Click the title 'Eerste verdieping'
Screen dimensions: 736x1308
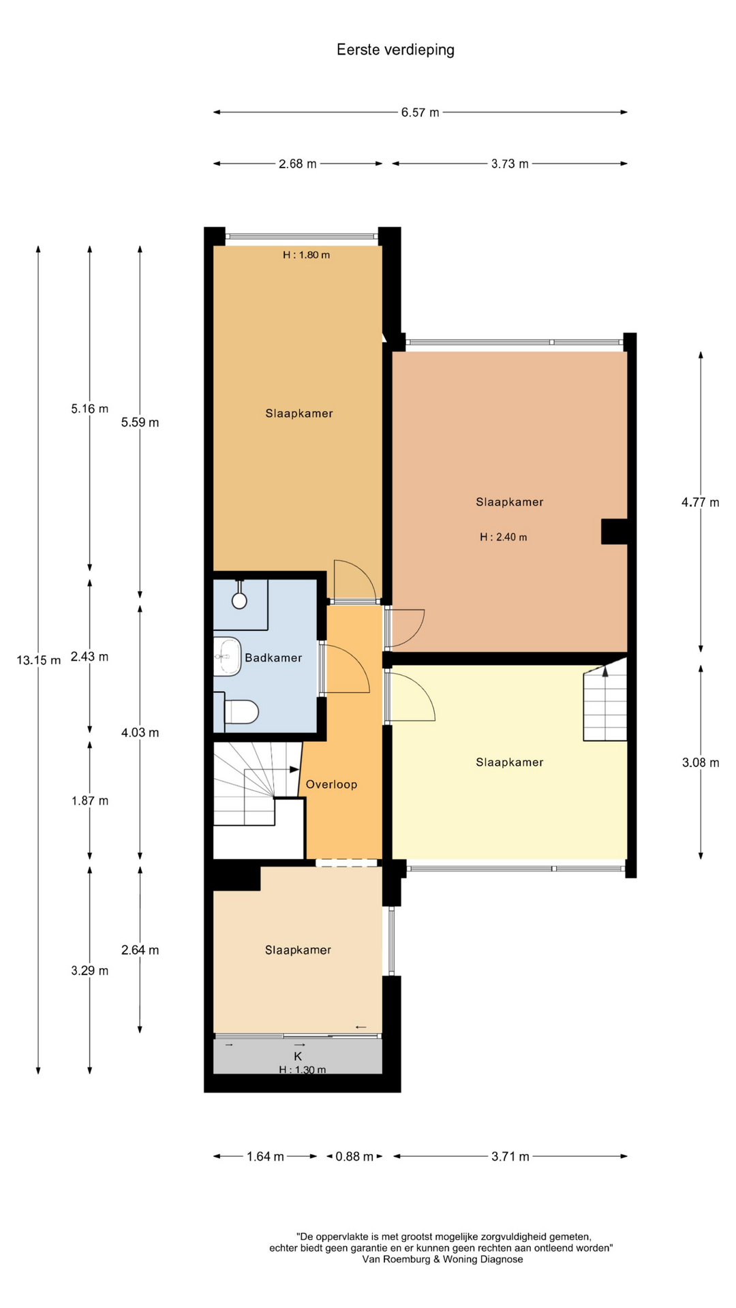pyautogui.click(x=395, y=50)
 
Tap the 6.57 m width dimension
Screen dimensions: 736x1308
pyautogui.click(x=420, y=112)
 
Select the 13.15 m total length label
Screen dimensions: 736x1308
pyautogui.click(x=39, y=659)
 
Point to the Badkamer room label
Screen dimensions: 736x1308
pyautogui.click(x=273, y=657)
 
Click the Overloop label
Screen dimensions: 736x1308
pyautogui.click(x=331, y=784)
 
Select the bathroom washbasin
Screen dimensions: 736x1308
pyautogui.click(x=228, y=657)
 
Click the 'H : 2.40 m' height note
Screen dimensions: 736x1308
pyautogui.click(x=503, y=537)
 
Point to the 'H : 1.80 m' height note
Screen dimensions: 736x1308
pyautogui.click(x=306, y=255)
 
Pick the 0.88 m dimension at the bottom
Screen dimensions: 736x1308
pyautogui.click(x=354, y=1156)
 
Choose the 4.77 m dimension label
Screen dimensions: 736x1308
pyautogui.click(x=701, y=502)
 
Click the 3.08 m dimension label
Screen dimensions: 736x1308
pyautogui.click(x=701, y=762)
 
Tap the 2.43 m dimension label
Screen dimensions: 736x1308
pyautogui.click(x=89, y=657)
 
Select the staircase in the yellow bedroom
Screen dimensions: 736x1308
pyautogui.click(x=605, y=704)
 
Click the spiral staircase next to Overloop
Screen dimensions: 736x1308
pyautogui.click(x=258, y=783)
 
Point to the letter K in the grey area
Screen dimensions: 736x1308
pyautogui.click(x=298, y=1056)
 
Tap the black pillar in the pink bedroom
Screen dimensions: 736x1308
pyautogui.click(x=614, y=531)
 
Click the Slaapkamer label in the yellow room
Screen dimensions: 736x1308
pyautogui.click(x=510, y=762)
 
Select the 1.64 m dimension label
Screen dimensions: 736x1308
pyautogui.click(x=265, y=1156)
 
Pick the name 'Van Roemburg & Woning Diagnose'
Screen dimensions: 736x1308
pyautogui.click(x=443, y=1260)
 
